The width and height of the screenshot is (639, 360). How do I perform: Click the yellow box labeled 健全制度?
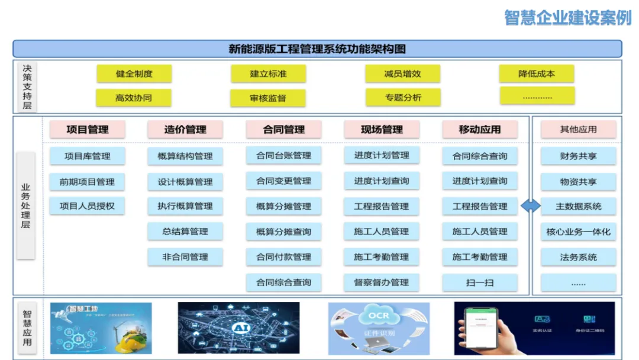point(134,74)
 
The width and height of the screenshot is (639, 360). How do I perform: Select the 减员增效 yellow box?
point(402,74)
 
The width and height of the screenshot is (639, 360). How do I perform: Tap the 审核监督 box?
point(268,98)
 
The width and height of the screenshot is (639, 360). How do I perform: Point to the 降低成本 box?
point(537,74)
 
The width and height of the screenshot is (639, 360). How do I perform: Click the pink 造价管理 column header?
point(185,130)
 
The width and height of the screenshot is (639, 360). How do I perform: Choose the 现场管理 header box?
point(382,130)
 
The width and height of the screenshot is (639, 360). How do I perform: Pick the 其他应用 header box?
point(578,130)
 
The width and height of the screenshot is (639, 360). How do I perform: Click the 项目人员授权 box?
point(87,206)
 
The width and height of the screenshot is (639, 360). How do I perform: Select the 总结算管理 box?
point(185,232)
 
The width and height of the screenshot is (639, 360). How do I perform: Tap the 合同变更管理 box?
point(283,181)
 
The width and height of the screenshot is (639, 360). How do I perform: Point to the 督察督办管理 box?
point(382,282)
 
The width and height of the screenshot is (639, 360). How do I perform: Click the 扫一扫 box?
point(480,282)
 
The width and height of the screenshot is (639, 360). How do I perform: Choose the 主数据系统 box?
point(578,207)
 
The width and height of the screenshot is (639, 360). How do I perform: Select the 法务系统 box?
point(578,258)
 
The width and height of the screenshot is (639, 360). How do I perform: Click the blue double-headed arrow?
point(531,206)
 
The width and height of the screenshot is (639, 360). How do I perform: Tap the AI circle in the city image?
point(238,327)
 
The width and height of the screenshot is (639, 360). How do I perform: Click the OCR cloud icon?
point(378,317)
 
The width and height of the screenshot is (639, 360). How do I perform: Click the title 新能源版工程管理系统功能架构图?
point(317,49)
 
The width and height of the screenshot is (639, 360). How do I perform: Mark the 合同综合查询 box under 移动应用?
point(480,156)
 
